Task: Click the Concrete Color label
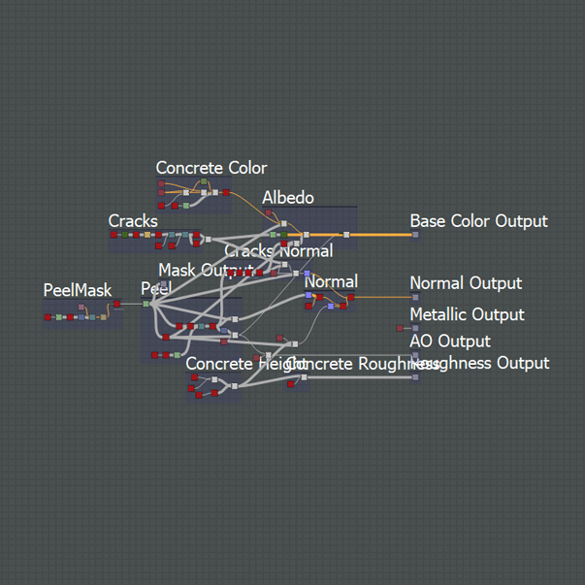[x=211, y=169]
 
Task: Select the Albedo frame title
[x=287, y=198]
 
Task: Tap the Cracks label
[x=133, y=221]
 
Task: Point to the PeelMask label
[x=78, y=290]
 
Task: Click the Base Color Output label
[x=478, y=221]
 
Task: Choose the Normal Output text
[x=466, y=283]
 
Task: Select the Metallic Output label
[x=467, y=314]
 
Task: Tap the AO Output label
[x=450, y=341]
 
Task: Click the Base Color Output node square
[x=416, y=235]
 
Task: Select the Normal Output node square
[x=416, y=297]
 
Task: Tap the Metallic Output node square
[x=416, y=329]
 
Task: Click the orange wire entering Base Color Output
[x=383, y=235]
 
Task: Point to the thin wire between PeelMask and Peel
[x=132, y=304]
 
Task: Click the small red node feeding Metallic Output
[x=400, y=329]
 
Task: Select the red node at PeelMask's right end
[x=117, y=304]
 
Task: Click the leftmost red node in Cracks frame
[x=114, y=235]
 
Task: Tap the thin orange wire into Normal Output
[x=383, y=297]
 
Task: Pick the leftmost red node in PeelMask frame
[x=49, y=316]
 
